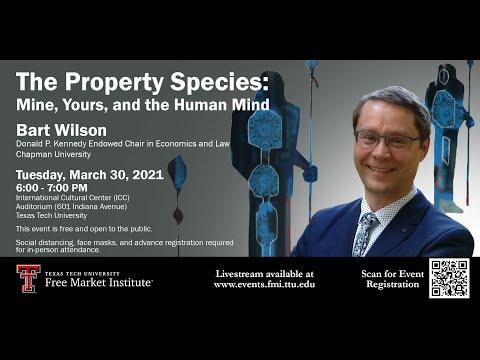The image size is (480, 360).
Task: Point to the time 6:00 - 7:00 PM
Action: click(x=52, y=187)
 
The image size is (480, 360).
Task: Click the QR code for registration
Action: click(x=449, y=279)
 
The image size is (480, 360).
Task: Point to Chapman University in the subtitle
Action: click(x=49, y=156)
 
